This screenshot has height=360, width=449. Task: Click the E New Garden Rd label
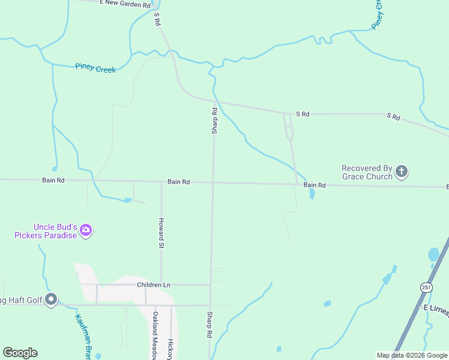click(125, 4)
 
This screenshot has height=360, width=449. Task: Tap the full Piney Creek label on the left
click(95, 68)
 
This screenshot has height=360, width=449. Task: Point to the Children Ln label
click(154, 284)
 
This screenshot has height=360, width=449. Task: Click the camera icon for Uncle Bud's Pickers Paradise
click(86, 230)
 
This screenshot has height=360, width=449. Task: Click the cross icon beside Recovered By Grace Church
click(402, 172)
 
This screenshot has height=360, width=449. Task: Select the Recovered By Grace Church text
click(367, 172)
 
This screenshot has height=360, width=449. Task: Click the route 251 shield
click(426, 287)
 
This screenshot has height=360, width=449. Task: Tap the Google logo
click(20, 353)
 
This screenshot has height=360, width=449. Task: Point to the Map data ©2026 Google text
click(412, 355)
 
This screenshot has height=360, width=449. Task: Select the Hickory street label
click(171, 345)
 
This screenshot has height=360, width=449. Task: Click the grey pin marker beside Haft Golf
click(51, 298)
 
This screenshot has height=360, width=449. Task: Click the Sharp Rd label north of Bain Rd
click(214, 120)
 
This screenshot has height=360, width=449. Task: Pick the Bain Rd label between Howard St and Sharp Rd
click(178, 181)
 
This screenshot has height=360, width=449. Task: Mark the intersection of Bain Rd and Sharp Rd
click(213, 182)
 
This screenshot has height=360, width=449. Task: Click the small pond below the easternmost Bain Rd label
click(312, 194)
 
